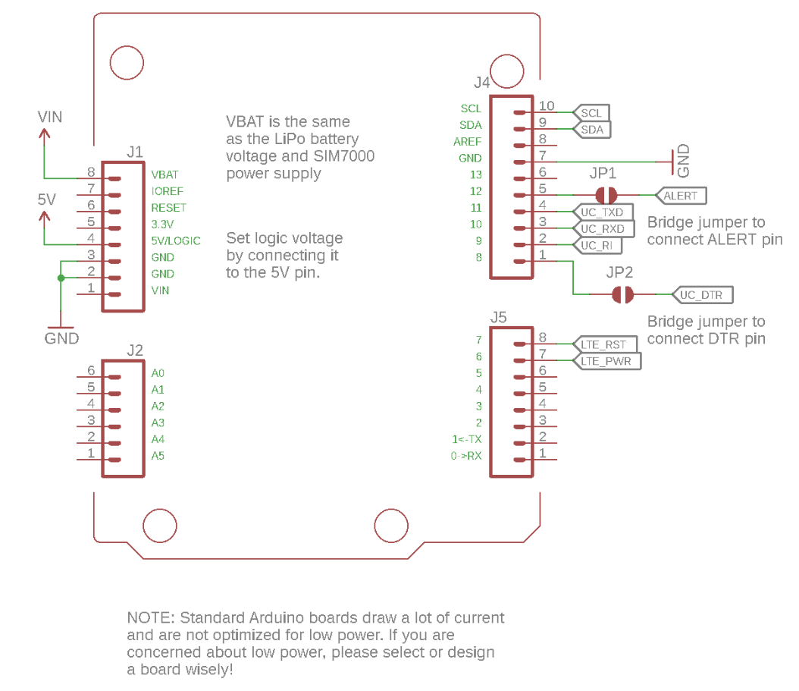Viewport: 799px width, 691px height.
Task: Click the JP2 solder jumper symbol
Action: pos(623,294)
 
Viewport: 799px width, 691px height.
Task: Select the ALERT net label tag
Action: pos(681,196)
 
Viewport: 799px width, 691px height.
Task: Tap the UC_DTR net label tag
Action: pos(701,295)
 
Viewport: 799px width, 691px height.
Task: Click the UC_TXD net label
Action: pos(603,212)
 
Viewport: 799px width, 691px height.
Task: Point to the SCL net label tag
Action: pos(592,113)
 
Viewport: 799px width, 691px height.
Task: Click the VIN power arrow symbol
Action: pos(45,135)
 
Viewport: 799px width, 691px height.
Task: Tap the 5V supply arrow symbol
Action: pos(45,218)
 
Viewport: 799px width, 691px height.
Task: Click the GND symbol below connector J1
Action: pos(61,328)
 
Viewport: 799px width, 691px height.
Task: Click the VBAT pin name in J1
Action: pos(165,174)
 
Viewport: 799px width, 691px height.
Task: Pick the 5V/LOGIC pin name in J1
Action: pos(176,240)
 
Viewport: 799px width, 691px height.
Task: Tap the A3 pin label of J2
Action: pos(158,422)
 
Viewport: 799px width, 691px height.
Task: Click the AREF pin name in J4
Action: pos(467,142)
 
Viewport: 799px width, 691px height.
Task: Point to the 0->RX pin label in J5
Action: pos(465,456)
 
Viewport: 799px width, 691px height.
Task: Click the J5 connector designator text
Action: pos(498,318)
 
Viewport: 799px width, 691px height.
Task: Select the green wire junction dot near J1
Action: pos(61,278)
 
